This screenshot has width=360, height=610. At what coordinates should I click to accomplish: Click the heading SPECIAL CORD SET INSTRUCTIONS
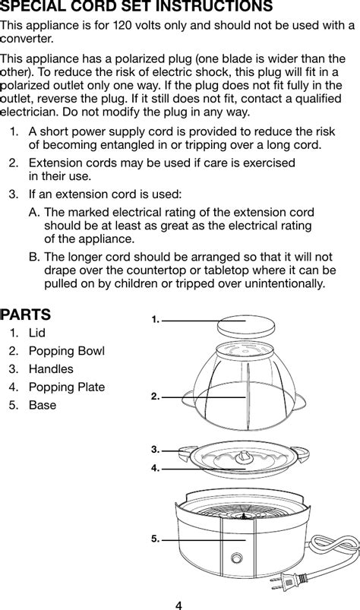point(137,7)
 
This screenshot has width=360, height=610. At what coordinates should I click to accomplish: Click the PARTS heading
point(26,314)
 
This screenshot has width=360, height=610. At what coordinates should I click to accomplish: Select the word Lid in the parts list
point(37,333)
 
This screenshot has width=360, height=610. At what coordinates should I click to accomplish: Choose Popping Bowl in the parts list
point(66,351)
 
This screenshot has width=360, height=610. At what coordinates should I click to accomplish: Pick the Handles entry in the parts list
point(51,369)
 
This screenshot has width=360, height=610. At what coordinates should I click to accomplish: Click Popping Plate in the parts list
point(66,387)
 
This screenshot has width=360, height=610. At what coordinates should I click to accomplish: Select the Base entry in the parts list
point(43,406)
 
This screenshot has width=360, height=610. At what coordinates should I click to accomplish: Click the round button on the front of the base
point(239,558)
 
